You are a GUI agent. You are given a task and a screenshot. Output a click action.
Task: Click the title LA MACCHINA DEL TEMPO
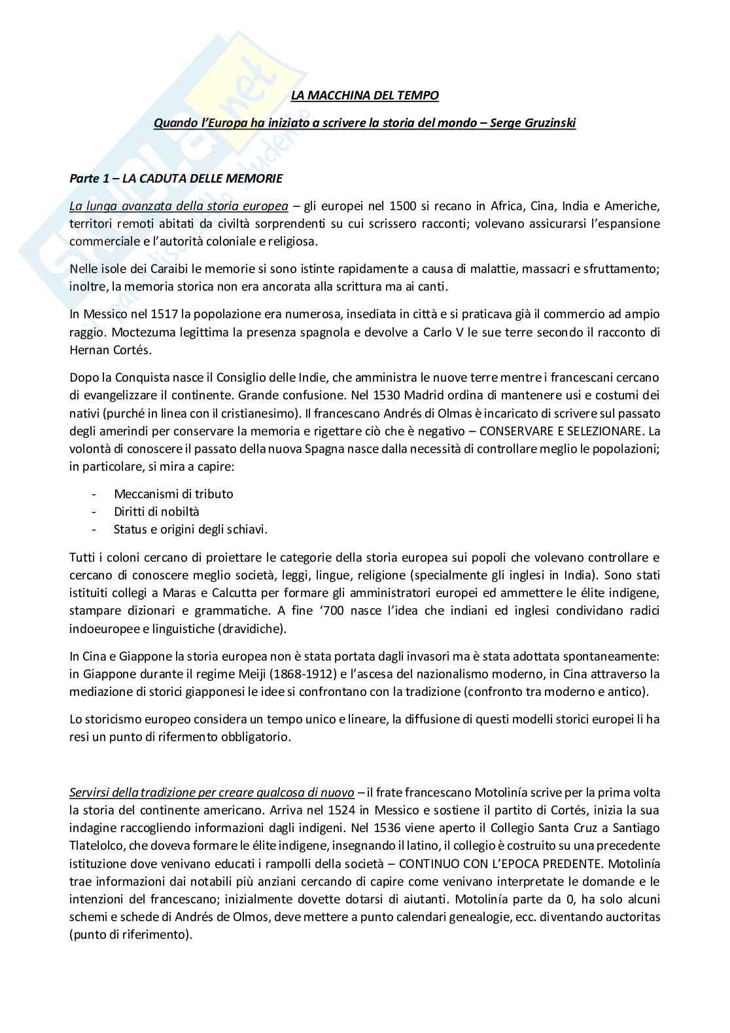(365, 96)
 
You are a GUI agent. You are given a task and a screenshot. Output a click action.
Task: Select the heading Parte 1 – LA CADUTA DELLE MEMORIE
(176, 179)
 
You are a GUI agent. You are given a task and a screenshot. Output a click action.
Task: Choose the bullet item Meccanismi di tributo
(173, 494)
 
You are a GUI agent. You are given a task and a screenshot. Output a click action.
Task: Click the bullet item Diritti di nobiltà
(156, 511)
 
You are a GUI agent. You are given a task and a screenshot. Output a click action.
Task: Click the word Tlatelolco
(98, 845)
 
